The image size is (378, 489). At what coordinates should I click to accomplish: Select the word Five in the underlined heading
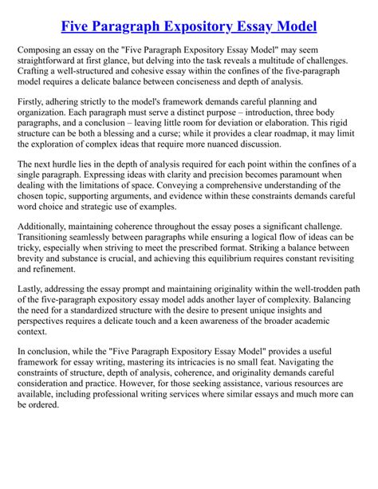point(79,26)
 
